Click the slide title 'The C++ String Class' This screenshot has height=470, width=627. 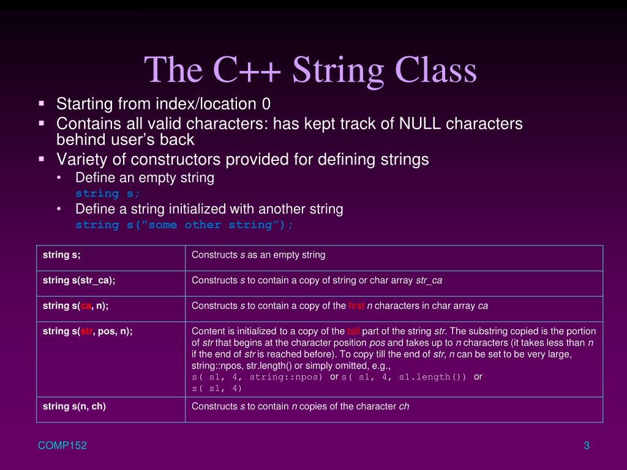point(310,70)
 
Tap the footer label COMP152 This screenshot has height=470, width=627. point(62,446)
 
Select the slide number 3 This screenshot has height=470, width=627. point(586,446)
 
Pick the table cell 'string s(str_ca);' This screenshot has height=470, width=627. point(79,280)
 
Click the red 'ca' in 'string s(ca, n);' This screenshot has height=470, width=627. point(86,305)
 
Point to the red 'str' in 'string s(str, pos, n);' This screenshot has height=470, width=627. point(87,331)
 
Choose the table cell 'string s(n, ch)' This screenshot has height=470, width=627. point(74,406)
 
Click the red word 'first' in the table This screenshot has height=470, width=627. point(356,305)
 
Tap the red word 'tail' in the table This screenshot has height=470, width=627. point(354,331)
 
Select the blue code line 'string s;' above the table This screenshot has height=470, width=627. point(108,193)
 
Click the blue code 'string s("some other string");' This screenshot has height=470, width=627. point(184,225)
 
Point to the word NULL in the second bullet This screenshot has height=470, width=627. point(420,124)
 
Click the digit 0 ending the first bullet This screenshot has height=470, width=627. point(266,104)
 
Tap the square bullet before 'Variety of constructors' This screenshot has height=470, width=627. point(42,159)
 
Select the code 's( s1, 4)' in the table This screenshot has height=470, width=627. point(217,388)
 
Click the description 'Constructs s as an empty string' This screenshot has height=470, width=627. point(258,255)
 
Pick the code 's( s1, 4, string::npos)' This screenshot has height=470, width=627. point(257,377)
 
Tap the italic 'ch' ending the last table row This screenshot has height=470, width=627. point(404,406)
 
